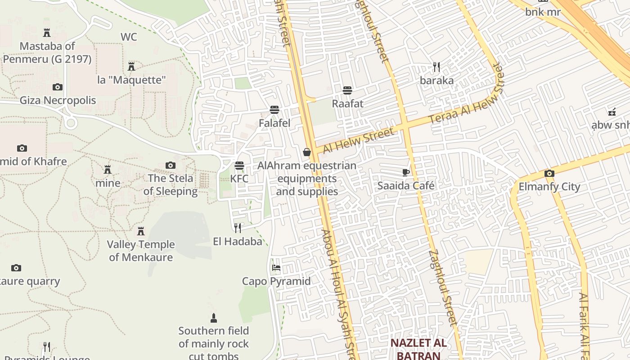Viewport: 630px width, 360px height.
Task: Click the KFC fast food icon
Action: tap(239, 165)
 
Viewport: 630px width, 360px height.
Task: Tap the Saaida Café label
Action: tap(406, 185)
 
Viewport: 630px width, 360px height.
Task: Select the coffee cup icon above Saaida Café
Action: tap(406, 172)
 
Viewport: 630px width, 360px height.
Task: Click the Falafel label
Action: tap(274, 123)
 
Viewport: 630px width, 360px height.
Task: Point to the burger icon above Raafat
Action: tap(347, 90)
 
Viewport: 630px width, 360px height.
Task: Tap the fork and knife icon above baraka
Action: tap(436, 67)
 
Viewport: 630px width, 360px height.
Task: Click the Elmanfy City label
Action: tap(549, 187)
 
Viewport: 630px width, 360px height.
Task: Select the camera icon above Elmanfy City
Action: tap(549, 173)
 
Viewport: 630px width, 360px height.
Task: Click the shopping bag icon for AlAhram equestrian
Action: tap(307, 152)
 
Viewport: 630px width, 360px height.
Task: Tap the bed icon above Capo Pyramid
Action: tap(276, 268)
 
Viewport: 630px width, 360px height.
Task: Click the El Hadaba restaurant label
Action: tap(238, 242)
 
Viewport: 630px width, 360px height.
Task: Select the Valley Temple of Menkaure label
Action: tap(141, 251)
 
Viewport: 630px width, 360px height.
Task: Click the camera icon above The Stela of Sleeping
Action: tap(171, 165)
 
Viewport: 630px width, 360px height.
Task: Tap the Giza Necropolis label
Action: tap(58, 100)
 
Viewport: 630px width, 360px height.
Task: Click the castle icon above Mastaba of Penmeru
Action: tap(47, 32)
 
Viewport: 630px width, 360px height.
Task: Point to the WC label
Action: tap(129, 37)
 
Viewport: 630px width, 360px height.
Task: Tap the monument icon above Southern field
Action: tap(214, 318)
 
